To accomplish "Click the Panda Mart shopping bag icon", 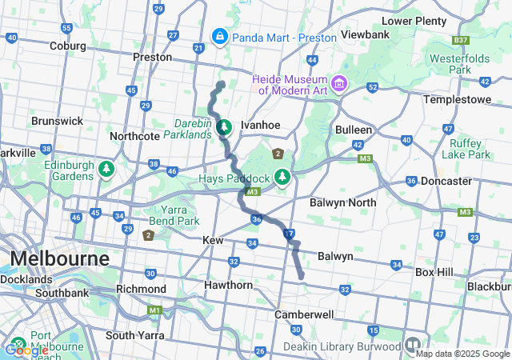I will (x=219, y=36).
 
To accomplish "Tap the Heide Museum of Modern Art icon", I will (x=339, y=83).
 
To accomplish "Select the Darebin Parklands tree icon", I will (x=225, y=126).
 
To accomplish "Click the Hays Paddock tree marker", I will (x=282, y=176).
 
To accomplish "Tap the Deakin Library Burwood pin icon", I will (x=413, y=346).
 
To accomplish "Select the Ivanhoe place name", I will (x=260, y=125).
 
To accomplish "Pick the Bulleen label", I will (x=354, y=129).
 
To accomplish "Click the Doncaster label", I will (x=446, y=181).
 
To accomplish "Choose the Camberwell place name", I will (x=304, y=314).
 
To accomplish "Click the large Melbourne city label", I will (x=59, y=260).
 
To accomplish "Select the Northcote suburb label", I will (x=134, y=136).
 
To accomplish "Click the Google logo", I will (x=26, y=350).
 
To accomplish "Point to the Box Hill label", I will (x=434, y=272).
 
